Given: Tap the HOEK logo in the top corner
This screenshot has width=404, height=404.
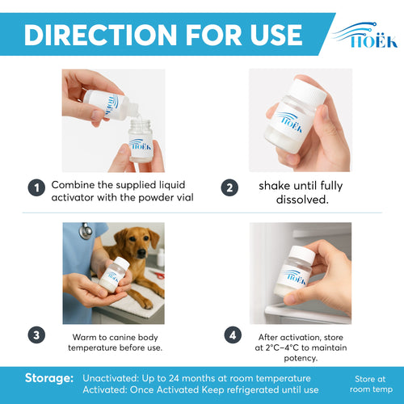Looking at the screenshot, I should (x=365, y=35).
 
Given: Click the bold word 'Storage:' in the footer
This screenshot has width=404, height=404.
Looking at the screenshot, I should (x=50, y=377).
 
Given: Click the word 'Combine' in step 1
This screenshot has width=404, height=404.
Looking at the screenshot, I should (x=74, y=184).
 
